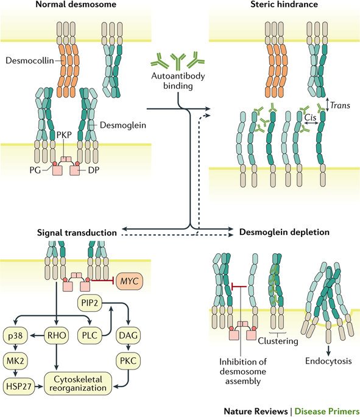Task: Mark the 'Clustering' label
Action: click(x=278, y=341)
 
